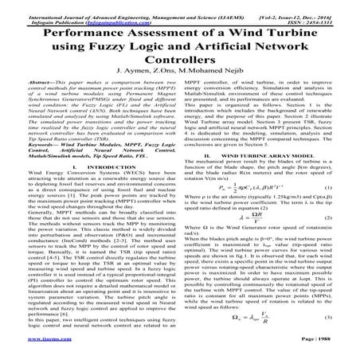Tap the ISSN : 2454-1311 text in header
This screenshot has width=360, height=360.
point(329,12)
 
